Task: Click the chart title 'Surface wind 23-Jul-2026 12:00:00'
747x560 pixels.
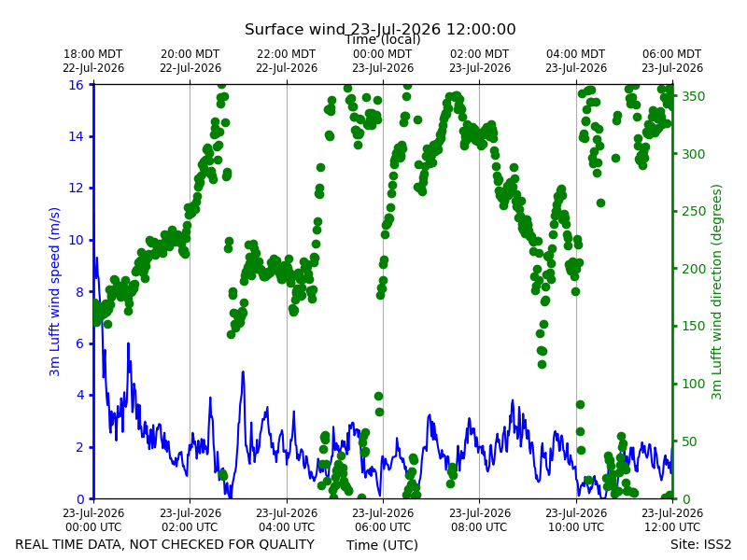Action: pos(380,29)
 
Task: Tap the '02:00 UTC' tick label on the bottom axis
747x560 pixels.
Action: pos(190,527)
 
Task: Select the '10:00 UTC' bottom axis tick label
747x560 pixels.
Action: pos(576,527)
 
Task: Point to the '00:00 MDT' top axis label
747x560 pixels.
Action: pos(383,54)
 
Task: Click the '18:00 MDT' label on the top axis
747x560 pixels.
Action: pos(93,54)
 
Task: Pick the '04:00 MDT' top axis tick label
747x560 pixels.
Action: pos(576,54)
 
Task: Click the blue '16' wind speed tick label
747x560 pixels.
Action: pos(77,85)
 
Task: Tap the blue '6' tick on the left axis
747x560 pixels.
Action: pos(80,343)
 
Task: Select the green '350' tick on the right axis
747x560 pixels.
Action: pos(693,96)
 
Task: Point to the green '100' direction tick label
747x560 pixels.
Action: pos(693,384)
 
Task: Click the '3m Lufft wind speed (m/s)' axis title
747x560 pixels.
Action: pos(55,291)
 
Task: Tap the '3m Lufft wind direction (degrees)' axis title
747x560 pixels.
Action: pos(717,291)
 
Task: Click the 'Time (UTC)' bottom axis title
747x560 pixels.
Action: pos(383,545)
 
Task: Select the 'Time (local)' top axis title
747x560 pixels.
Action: pos(383,39)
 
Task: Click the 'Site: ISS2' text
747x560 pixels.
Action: pos(700,544)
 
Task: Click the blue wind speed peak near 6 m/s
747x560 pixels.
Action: pos(128,343)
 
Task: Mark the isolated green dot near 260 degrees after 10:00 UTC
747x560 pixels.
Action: pos(600,203)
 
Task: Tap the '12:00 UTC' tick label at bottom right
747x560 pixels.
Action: pos(672,527)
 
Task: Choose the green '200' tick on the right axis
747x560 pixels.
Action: pos(693,269)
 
